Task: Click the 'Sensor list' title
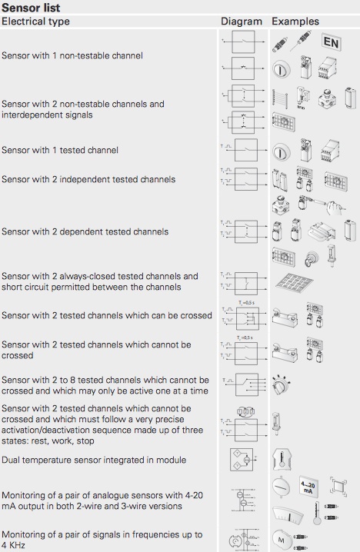31,7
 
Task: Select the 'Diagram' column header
242,21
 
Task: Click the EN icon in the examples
332,42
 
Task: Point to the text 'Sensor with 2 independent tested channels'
88,179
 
